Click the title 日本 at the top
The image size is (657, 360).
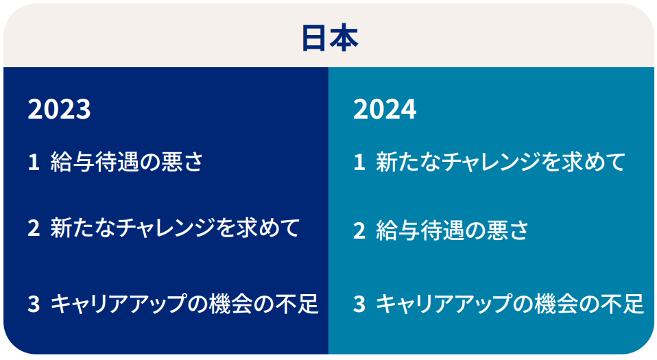pos(330,38)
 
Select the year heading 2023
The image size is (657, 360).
pos(59,110)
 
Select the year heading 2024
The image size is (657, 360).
pos(385,110)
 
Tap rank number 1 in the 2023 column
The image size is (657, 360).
pos(34,163)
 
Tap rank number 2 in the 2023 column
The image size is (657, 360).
pos(34,228)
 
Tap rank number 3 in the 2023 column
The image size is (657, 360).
pos(34,304)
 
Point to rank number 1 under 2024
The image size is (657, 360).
pos(359,163)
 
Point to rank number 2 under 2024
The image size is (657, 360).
pos(359,231)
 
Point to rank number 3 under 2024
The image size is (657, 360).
pos(359,304)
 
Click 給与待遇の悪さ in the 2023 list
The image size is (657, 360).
pos(127,162)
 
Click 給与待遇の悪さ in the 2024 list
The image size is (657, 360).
pos(453,230)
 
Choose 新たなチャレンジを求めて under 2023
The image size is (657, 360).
pos(175,228)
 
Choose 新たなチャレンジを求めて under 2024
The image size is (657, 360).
pos(501,162)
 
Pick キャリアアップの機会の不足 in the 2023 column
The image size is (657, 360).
pos(184,304)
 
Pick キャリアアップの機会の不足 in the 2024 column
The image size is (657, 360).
pos(510,304)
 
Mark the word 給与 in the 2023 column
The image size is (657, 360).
pos(73,162)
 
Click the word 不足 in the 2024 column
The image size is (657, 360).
pos(622,304)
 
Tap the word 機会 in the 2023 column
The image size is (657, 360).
pos(231,304)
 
